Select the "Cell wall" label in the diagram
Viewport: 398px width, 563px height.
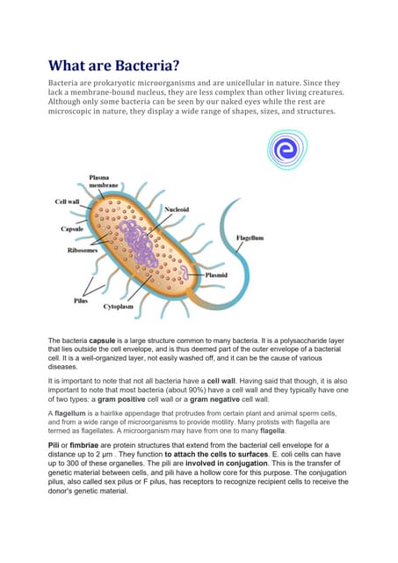[68, 201]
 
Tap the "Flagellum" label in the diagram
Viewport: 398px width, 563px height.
[250, 238]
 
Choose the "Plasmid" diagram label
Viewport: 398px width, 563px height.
[216, 274]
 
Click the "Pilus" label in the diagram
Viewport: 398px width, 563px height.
[80, 300]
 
